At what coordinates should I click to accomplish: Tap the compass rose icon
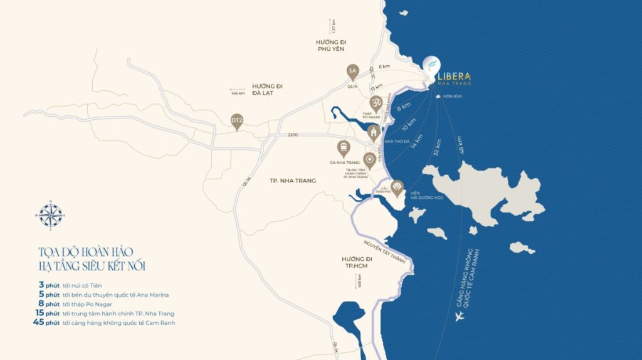click(51, 215)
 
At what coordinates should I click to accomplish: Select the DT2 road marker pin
click(237, 121)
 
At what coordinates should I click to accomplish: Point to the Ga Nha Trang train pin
click(343, 148)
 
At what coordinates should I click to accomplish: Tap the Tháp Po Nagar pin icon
click(377, 103)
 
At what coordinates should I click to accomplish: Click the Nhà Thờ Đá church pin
click(374, 133)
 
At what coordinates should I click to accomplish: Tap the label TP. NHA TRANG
click(292, 181)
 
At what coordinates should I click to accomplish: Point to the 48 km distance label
click(463, 146)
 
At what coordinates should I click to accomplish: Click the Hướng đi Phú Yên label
click(331, 46)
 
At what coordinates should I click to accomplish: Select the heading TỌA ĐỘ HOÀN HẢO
click(85, 252)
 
